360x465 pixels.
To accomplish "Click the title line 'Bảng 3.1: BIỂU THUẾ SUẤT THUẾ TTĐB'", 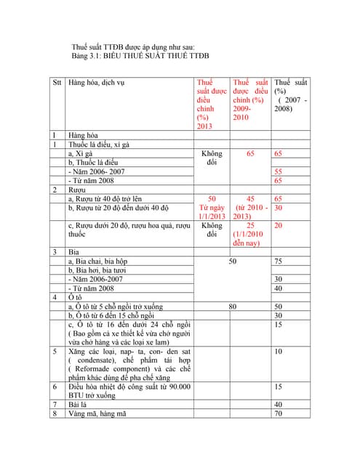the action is [x=140, y=56].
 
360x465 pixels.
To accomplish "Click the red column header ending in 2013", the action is [x=212, y=104].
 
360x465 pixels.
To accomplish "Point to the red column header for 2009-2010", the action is [x=250, y=100].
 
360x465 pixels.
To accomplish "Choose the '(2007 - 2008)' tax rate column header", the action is [x=291, y=95].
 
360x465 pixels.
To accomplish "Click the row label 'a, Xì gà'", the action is [x=80, y=154].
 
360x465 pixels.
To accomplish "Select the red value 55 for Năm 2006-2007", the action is [x=279, y=171].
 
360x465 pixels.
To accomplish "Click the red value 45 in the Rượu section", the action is [x=250, y=198].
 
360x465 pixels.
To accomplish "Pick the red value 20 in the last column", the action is [x=279, y=226].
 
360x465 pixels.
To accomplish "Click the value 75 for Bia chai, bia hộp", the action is [x=279, y=262].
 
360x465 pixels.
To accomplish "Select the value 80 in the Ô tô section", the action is [x=233, y=307].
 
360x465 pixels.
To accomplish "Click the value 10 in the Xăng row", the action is [x=279, y=352].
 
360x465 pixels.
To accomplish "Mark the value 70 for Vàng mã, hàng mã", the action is [x=279, y=414].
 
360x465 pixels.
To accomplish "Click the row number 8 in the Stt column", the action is [x=55, y=414].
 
